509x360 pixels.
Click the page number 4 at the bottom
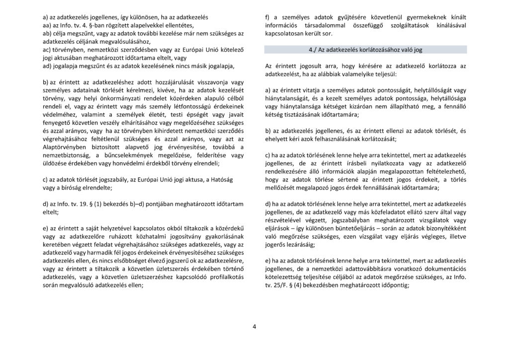[254, 327]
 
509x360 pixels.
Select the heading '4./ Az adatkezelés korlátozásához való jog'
[365, 50]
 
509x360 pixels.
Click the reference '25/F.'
[280, 285]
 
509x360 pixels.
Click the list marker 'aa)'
[49, 25]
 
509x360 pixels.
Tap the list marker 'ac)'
[48, 49]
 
